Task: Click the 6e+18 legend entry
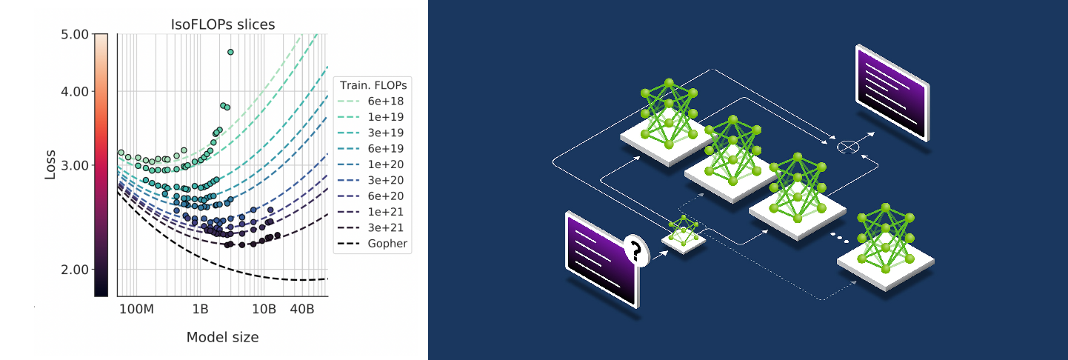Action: tap(387, 101)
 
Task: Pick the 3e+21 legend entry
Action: tap(387, 227)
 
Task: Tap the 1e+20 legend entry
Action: tap(387, 164)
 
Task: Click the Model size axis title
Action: tap(222, 337)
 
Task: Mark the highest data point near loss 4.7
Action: tap(230, 52)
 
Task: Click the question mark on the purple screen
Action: tap(634, 250)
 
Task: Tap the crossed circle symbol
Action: tap(847, 147)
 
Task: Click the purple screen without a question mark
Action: tap(892, 92)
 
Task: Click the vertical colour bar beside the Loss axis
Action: tap(101, 164)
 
